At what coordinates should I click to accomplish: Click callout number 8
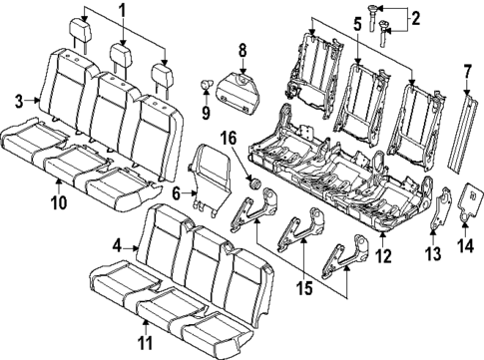(241, 50)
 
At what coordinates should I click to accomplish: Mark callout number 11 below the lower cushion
(146, 346)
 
